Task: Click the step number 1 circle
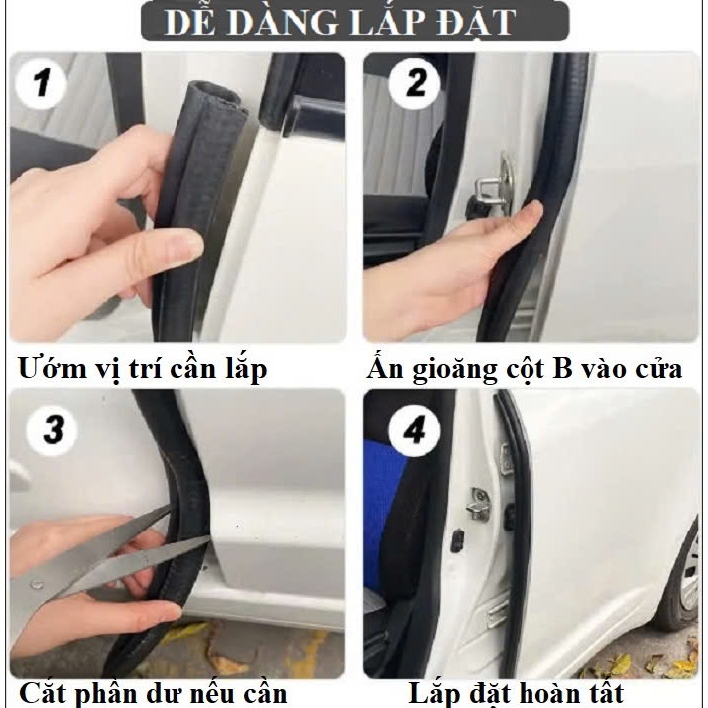(41, 83)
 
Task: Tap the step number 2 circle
(414, 83)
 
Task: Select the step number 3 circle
(52, 429)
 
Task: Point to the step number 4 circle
(414, 429)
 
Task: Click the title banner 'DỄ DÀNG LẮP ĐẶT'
(355, 21)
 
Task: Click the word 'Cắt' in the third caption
(44, 692)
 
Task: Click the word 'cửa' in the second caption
(658, 369)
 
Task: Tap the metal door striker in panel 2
(494, 186)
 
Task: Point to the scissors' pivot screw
(36, 584)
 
